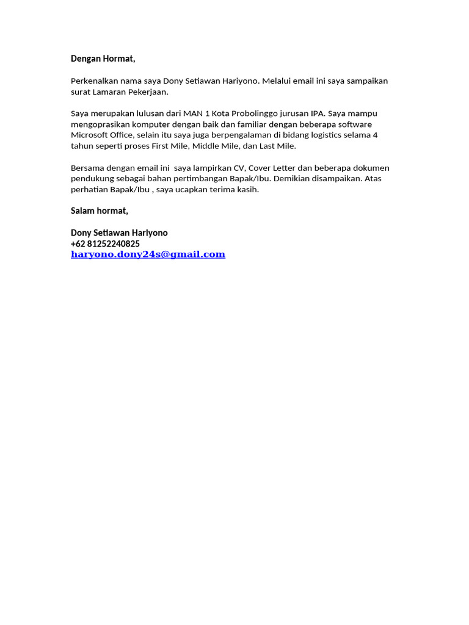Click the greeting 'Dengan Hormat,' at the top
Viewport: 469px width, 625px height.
103,59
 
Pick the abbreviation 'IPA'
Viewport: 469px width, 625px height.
318,114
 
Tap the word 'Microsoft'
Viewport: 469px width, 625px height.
89,135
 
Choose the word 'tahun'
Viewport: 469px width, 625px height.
82,146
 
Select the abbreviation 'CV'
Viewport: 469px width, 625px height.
239,168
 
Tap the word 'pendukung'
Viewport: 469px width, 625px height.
91,179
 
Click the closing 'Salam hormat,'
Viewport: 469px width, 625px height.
100,211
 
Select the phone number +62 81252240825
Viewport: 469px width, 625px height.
105,244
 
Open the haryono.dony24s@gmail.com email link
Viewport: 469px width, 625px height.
148,255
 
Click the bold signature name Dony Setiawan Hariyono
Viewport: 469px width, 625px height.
119,233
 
